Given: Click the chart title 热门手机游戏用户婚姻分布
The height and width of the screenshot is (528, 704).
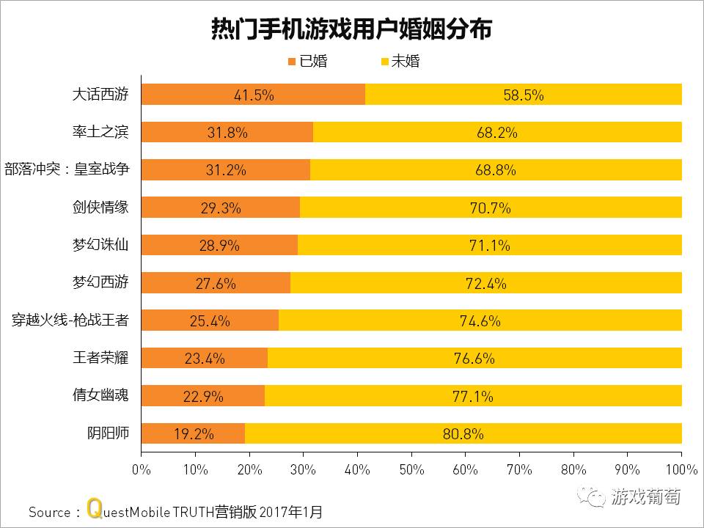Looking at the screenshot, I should coord(351,29).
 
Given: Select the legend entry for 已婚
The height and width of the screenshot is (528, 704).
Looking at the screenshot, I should coord(307,62).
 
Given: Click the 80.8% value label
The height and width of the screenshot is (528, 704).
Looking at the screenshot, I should coord(463,433).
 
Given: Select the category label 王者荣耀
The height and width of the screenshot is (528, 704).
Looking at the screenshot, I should coord(101,358).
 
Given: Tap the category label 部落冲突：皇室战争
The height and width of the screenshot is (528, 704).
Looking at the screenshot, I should coord(67,169).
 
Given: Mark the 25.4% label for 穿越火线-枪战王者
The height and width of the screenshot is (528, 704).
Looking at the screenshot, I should coord(210,320).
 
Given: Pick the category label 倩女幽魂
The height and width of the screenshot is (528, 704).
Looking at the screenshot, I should coord(101,395).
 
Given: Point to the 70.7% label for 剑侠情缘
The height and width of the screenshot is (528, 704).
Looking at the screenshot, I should coord(490,208).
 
